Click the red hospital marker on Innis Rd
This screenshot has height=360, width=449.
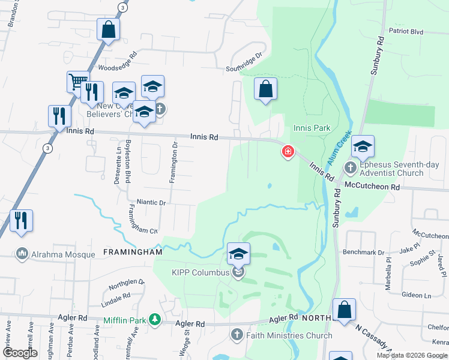pos(288,152)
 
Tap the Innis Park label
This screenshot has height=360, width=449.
pos(312,128)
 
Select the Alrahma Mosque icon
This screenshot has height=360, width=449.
pos(23,254)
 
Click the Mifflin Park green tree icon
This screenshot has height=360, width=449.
pos(155,319)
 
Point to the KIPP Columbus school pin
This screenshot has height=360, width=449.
pos(238,254)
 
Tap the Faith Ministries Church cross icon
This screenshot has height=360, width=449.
pos(237,335)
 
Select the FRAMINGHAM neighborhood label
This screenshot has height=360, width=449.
pos(133,253)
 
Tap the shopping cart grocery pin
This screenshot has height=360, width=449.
pos(77,82)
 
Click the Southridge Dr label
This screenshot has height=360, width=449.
pos(244,62)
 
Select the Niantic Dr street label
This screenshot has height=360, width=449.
pos(151,203)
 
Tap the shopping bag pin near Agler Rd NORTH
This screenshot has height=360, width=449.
pos(345,310)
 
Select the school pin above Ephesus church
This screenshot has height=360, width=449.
pos(363,145)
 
